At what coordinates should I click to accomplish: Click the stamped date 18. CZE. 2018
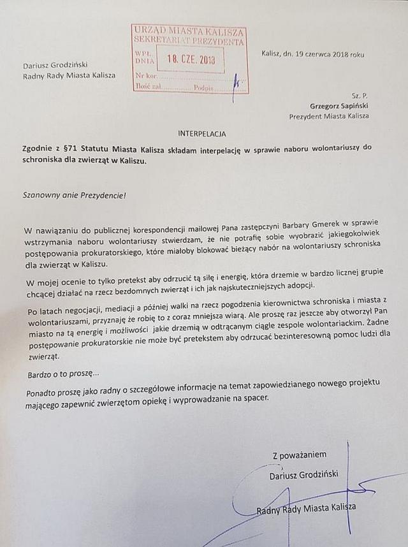click(191, 61)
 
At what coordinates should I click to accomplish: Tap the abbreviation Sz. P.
click(360, 94)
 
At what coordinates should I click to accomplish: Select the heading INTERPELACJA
click(201, 134)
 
